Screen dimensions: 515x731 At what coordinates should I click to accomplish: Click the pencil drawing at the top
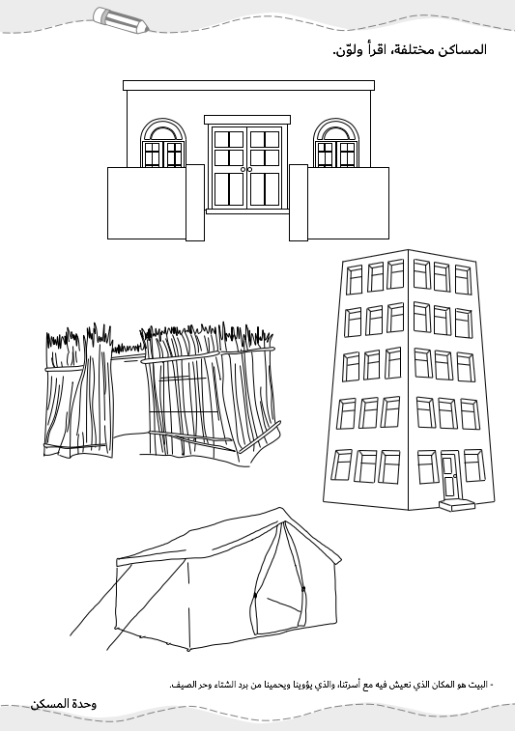pos(121,19)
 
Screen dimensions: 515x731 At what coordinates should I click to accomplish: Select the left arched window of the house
pos(163,143)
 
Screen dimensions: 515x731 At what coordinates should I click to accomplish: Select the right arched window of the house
pos(336,143)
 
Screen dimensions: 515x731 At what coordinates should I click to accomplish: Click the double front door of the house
pos(246,167)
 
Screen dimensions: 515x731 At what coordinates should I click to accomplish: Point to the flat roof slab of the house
pos(248,85)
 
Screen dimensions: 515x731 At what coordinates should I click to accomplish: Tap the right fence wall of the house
pos(339,204)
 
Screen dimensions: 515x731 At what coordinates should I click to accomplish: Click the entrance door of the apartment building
pos(449,476)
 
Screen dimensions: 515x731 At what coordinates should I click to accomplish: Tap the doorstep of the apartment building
pos(457,505)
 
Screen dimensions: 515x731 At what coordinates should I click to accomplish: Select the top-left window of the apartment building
pos(354,279)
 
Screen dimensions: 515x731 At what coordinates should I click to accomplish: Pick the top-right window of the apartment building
pos(463,280)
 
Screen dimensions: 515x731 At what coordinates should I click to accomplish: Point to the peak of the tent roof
pos(280,509)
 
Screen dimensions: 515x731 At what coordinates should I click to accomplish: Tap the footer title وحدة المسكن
pos(64,704)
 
